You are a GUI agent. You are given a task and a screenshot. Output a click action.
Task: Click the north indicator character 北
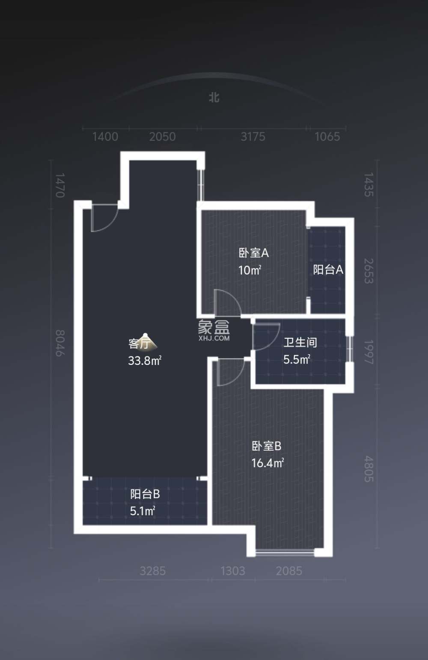[x=214, y=97]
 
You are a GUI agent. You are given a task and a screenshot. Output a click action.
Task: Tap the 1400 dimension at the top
[x=105, y=137]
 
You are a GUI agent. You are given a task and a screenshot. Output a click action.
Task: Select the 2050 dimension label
[x=162, y=137]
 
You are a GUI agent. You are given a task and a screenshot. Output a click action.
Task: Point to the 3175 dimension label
[x=253, y=137]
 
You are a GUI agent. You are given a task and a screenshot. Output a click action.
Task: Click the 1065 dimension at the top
[x=327, y=137]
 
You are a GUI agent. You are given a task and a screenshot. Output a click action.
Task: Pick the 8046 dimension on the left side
[x=60, y=343]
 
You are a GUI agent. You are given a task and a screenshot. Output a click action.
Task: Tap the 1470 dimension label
[x=60, y=185]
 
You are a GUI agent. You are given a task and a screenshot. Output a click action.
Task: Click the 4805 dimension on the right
[x=369, y=469]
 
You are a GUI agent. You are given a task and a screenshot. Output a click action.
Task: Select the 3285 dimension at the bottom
[x=152, y=571]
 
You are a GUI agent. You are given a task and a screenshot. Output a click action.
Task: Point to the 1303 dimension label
[x=233, y=571]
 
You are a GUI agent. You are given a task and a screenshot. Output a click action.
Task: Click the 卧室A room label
[x=254, y=253]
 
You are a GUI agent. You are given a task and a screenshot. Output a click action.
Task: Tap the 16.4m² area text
[x=267, y=463]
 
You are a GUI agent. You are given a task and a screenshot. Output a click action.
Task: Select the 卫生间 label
[x=300, y=343]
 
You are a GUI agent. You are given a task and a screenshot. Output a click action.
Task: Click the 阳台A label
[x=328, y=270]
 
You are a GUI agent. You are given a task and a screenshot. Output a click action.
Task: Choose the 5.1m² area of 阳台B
[x=143, y=511]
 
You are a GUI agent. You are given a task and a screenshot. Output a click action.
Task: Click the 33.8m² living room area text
[x=145, y=361]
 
